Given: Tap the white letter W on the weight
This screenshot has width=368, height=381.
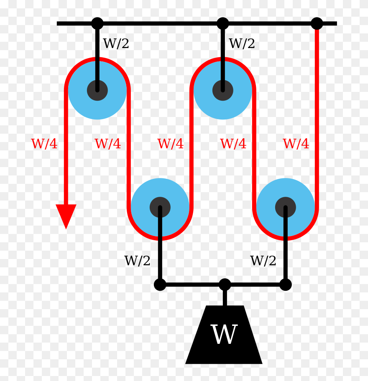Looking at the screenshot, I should click(x=224, y=335).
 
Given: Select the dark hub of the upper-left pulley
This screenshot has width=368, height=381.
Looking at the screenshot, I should click(x=97, y=90).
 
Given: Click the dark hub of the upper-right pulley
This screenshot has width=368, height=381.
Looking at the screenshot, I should click(x=223, y=90).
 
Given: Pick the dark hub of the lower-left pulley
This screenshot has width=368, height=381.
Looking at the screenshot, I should click(x=160, y=207).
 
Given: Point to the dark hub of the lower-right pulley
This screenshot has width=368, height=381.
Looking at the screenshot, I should click(x=286, y=207).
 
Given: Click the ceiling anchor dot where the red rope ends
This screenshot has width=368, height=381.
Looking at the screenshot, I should click(x=317, y=23).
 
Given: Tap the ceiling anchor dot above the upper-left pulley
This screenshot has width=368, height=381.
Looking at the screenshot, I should click(x=97, y=23).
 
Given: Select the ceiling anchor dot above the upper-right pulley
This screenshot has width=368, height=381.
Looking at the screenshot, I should click(x=223, y=23).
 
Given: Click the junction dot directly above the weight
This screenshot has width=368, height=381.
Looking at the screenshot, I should click(x=225, y=284).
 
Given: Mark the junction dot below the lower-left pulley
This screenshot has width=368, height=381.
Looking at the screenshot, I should click(x=160, y=284).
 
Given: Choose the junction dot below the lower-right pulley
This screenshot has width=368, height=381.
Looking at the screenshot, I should click(x=286, y=284).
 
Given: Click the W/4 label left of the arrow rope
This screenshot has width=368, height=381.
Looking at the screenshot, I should click(x=44, y=144).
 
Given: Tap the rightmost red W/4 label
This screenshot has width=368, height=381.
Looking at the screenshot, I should click(x=296, y=144).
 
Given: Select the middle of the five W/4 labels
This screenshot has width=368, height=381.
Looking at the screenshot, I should click(x=171, y=144).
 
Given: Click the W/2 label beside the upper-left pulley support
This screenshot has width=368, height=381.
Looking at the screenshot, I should click(x=116, y=43).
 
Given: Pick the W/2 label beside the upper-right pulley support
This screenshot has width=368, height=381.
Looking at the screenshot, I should click(x=242, y=43).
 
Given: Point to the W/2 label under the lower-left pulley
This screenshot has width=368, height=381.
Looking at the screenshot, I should click(x=137, y=261).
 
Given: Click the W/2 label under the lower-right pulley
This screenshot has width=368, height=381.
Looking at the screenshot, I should click(x=263, y=261).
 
